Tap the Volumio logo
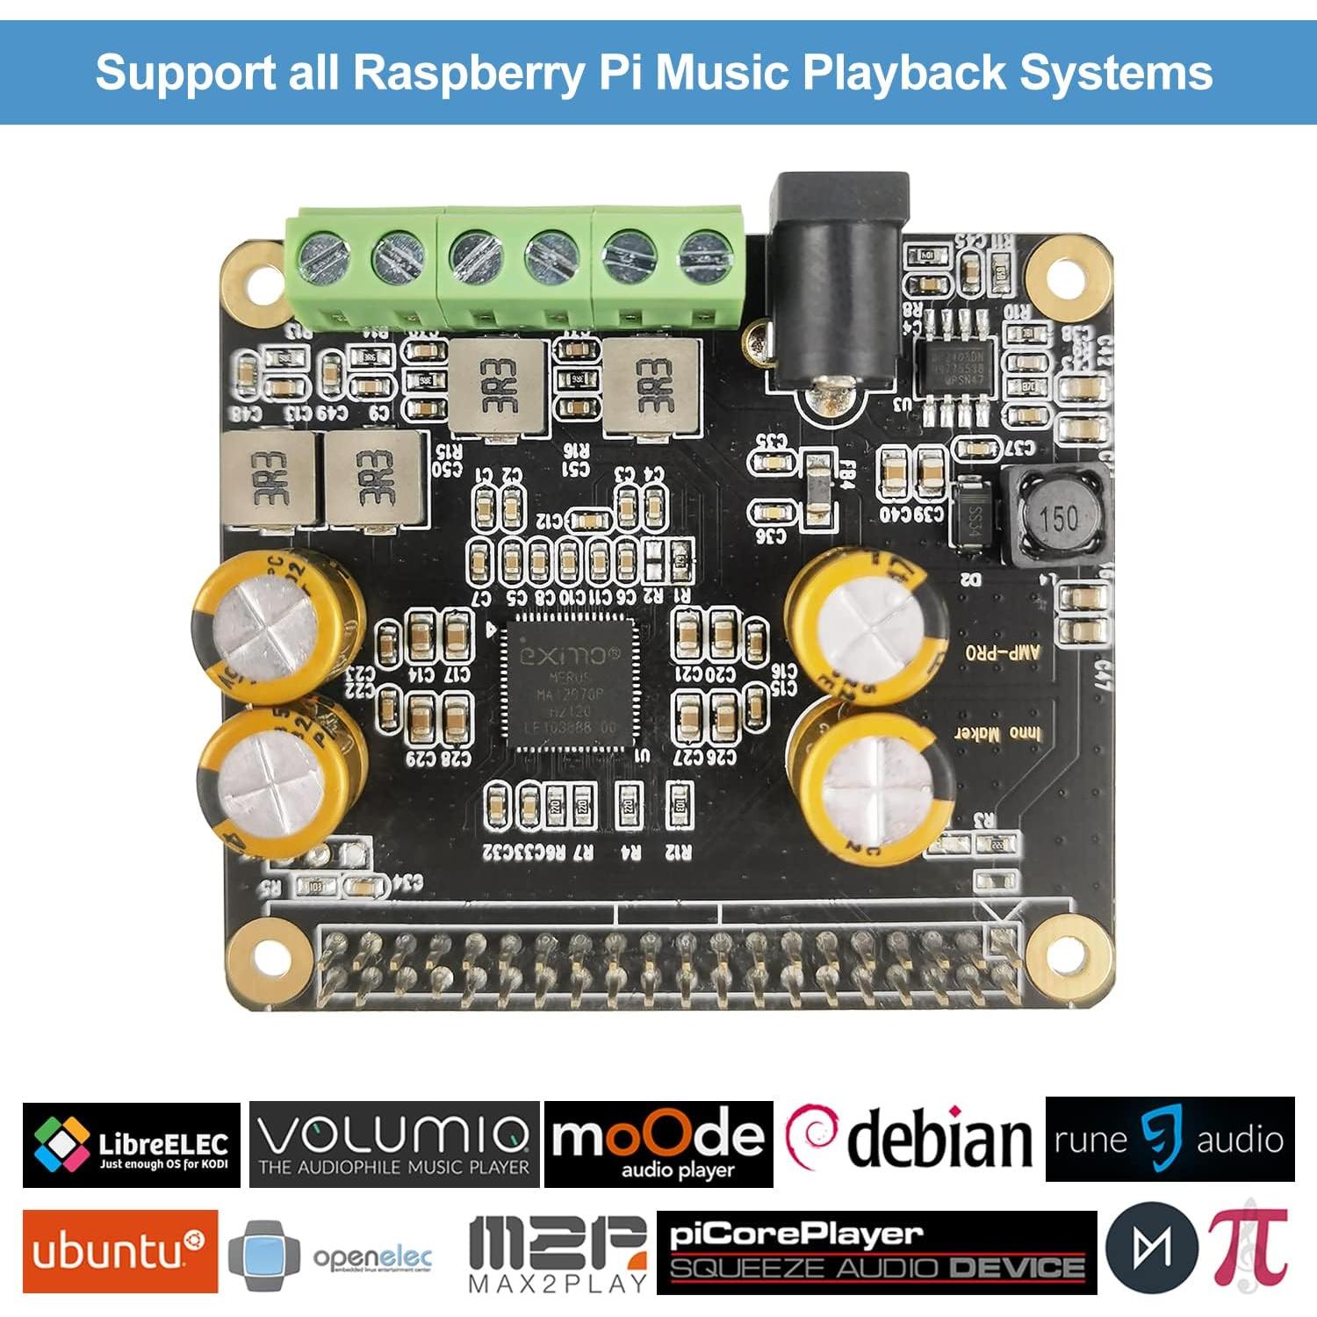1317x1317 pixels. [394, 1144]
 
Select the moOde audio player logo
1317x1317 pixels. [658, 1144]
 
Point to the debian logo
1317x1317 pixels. [909, 1139]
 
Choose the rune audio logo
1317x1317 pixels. [1169, 1140]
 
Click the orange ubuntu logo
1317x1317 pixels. [120, 1251]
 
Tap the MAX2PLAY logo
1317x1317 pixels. [558, 1254]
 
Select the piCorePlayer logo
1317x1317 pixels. [876, 1252]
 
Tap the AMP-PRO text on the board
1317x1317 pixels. [1003, 653]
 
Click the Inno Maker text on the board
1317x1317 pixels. [999, 733]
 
